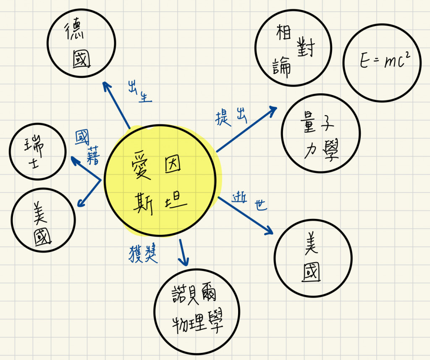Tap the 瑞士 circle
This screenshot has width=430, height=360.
[x=38, y=152]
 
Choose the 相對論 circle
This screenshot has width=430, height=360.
[x=293, y=50]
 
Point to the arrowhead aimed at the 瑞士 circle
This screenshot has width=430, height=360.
[x=74, y=160]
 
